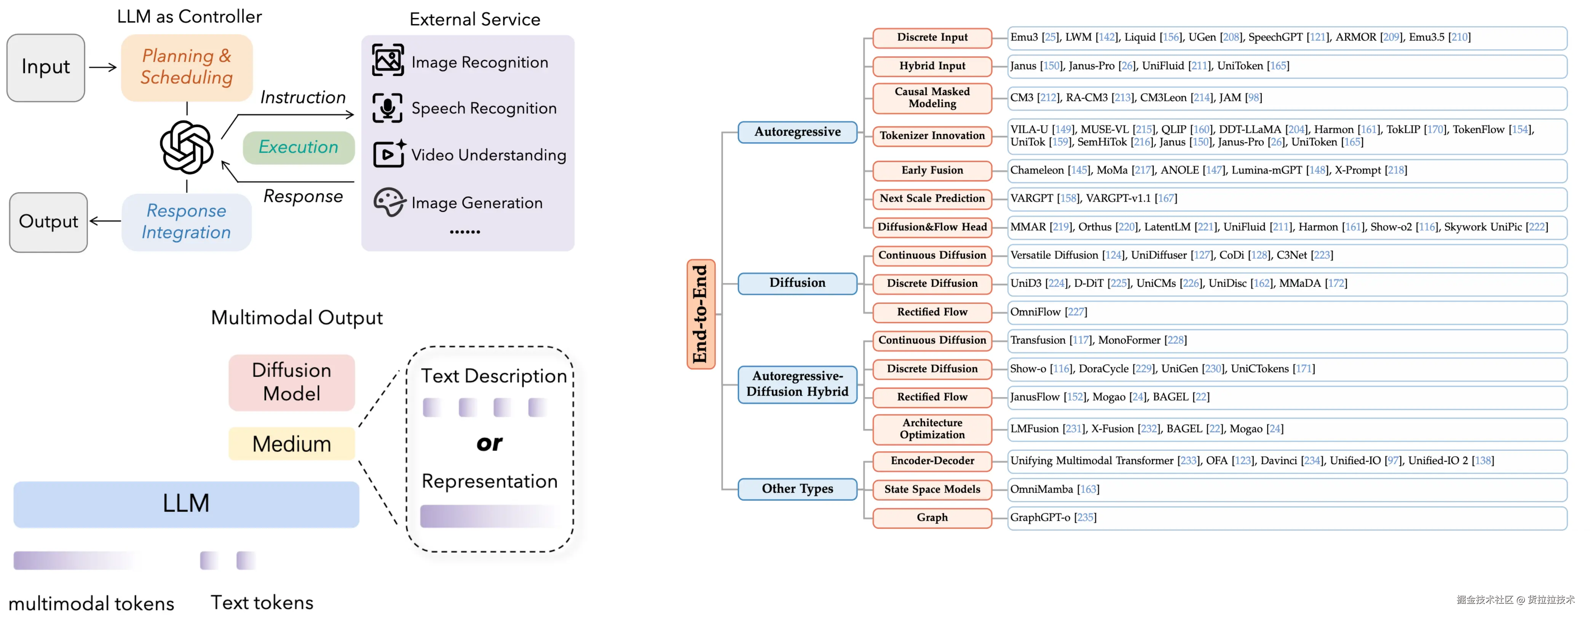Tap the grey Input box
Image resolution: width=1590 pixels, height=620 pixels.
coord(46,67)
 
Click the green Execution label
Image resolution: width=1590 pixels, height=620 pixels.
coord(299,148)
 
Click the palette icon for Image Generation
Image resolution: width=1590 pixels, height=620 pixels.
coord(389,202)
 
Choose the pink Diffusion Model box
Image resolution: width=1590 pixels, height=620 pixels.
coord(292,383)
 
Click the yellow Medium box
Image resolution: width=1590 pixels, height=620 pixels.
coord(292,444)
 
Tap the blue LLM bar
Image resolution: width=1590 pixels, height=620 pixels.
coord(187,504)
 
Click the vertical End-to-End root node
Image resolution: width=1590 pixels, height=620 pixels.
coord(701,314)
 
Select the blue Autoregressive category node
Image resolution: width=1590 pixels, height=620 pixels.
coord(797,132)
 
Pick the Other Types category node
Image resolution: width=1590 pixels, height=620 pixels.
coord(797,489)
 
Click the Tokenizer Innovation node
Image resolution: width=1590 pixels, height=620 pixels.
coord(932,136)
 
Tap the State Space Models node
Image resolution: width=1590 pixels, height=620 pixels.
coord(932,489)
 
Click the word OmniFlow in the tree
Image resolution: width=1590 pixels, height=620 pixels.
coord(1035,312)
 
